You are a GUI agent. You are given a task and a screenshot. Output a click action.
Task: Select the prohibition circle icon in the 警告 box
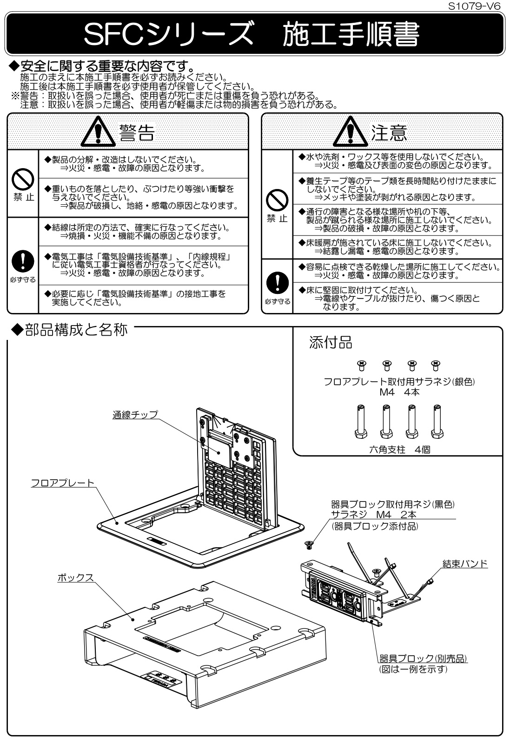point(23,178)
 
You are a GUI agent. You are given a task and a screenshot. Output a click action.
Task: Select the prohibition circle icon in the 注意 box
point(277,200)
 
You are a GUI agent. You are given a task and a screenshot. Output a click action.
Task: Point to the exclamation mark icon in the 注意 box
point(277,282)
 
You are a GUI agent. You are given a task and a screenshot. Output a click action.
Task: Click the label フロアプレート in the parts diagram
point(62,483)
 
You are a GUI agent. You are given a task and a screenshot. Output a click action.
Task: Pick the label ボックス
point(75,578)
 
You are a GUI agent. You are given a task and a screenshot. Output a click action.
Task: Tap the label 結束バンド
point(464,563)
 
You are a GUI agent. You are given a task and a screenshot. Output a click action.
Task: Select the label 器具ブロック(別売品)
point(423,658)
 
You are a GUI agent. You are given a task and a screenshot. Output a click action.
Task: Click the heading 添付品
point(331,343)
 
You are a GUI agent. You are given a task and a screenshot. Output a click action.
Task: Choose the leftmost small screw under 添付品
point(360,365)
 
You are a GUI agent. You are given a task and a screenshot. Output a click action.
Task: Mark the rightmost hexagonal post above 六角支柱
point(436,421)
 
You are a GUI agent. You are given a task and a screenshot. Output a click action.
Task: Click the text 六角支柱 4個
point(399,449)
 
